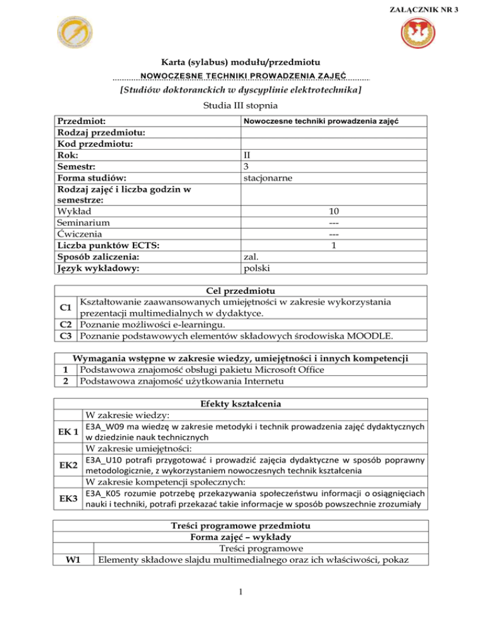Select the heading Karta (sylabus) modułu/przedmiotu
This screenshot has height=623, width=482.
tap(241, 63)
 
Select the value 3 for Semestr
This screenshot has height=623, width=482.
tap(246, 167)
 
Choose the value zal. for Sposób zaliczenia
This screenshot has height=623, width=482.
tap(251, 258)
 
